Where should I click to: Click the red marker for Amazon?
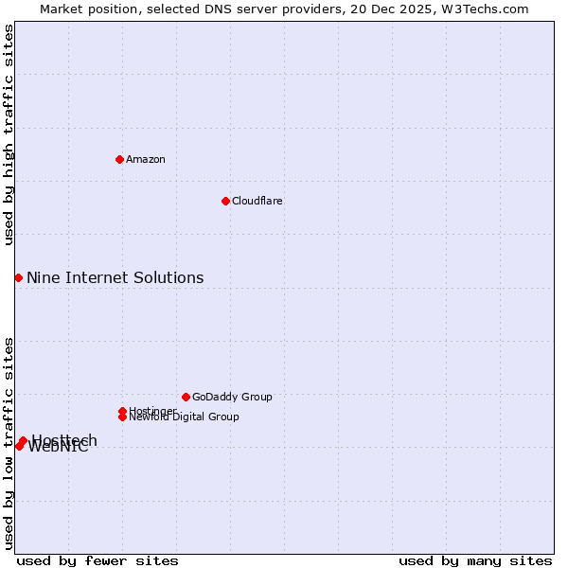coord(119,159)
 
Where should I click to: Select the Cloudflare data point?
coord(225,201)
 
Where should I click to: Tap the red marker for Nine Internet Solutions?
coord(18,277)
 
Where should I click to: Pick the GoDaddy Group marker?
coord(186,397)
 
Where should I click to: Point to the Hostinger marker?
coord(122,411)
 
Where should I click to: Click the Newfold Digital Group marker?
coord(123,417)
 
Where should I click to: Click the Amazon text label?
coord(146,159)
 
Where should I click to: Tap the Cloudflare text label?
coord(257,201)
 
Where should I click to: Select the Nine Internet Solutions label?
coord(115,277)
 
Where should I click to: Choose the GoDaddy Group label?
coord(232,397)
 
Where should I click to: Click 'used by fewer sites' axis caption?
coord(98,560)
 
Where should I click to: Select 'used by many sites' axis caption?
coord(475,560)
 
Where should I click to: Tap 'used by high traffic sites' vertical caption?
coord(9,135)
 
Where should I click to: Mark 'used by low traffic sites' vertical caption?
coord(9,442)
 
